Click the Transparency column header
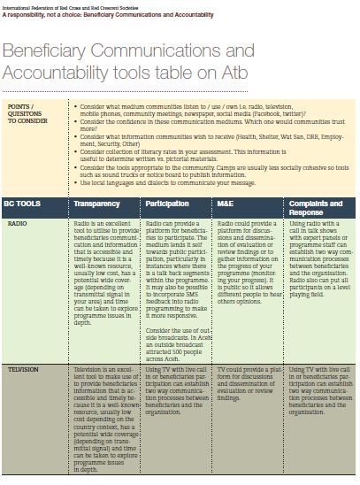(x=96, y=203)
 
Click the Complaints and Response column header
(x=317, y=206)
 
